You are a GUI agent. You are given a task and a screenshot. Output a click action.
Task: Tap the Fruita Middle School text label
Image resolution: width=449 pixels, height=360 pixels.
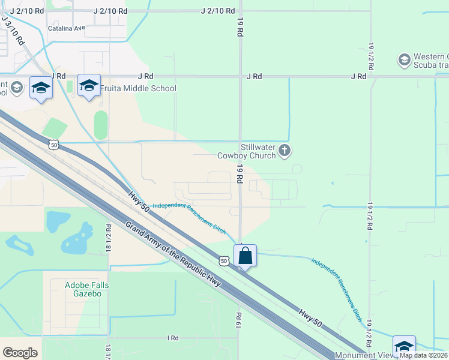point(137,89)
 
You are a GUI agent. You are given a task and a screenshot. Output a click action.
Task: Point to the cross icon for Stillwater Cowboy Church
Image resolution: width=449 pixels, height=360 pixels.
point(285,150)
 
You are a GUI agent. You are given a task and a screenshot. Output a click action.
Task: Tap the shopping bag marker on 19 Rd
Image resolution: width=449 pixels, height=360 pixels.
point(246,257)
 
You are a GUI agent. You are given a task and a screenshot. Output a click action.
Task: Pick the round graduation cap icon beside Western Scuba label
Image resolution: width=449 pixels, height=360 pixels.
point(404,59)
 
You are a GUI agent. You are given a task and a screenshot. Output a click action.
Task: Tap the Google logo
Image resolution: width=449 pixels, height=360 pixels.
point(20,353)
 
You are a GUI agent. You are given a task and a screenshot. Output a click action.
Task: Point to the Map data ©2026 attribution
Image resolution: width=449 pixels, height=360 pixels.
point(423,355)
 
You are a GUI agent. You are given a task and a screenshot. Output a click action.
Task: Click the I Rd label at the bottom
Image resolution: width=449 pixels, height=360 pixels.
point(173,338)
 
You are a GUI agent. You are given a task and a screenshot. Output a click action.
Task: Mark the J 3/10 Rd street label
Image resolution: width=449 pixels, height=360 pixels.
point(13,31)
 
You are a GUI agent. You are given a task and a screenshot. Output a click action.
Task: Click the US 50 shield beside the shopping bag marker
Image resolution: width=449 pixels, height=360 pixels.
point(223,261)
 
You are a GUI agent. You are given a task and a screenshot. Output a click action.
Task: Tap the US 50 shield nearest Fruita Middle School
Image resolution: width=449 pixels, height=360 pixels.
point(54,145)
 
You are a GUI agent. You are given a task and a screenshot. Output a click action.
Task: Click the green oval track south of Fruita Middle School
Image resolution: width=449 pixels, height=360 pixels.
point(101,125)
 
